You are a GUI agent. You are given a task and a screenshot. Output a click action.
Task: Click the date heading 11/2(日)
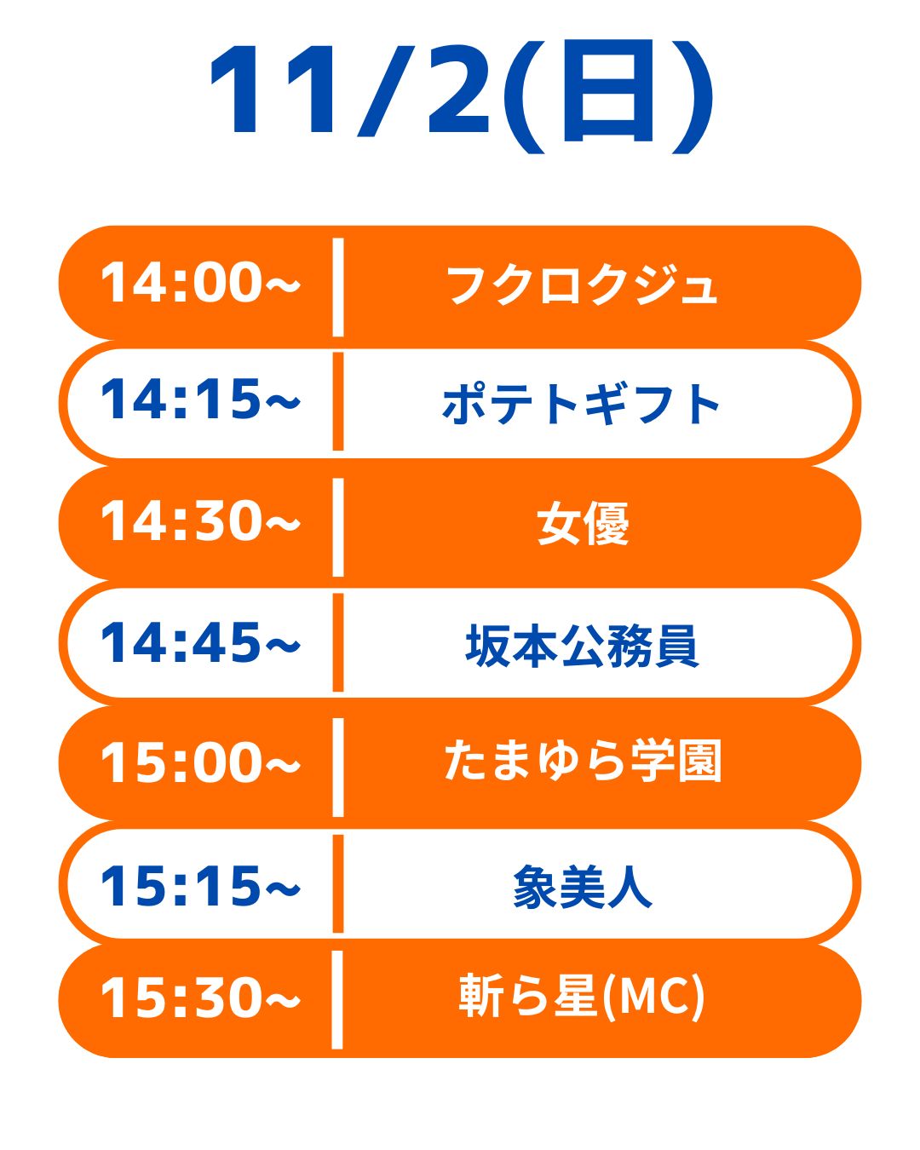pos(460,96)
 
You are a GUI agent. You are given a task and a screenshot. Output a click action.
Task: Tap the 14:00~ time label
pos(200,283)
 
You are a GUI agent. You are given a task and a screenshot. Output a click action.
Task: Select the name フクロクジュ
pos(582,285)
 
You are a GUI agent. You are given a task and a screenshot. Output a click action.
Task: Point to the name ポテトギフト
pos(581,405)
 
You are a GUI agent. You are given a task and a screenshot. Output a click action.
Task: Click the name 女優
pos(584,524)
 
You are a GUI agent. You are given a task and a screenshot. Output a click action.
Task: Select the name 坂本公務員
pos(582,646)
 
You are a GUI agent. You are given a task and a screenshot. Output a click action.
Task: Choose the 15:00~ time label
pos(200,762)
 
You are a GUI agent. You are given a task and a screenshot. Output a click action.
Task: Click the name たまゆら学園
pos(583,761)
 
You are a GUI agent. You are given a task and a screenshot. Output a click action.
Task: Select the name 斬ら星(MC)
pos(582,998)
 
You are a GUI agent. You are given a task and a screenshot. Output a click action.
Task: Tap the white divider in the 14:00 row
pos(338,288)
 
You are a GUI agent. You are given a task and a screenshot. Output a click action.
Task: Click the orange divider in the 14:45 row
pos(338,641)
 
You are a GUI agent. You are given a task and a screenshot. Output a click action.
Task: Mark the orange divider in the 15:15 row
pos(338,883)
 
